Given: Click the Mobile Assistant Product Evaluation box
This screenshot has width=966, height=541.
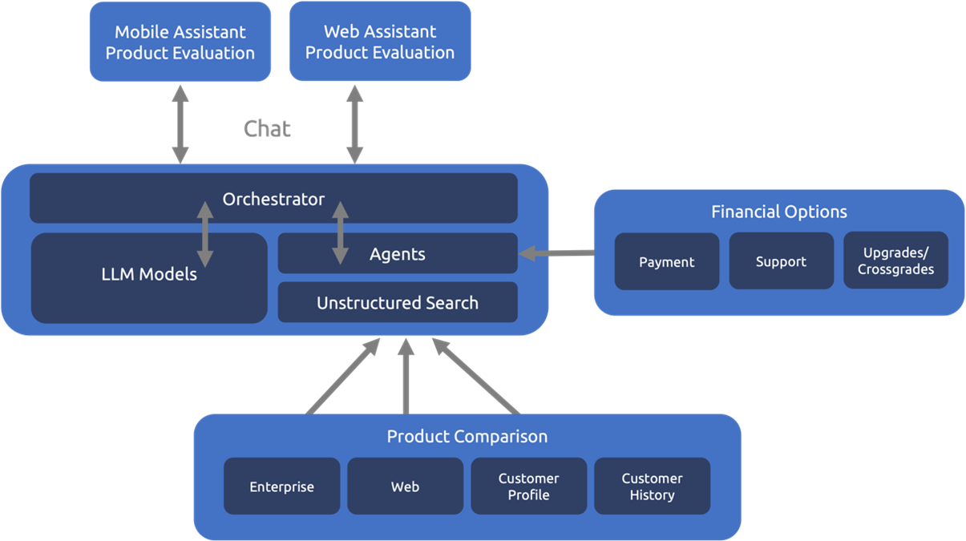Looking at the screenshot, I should click(x=180, y=42).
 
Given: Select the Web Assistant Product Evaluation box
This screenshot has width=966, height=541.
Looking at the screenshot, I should click(x=379, y=41).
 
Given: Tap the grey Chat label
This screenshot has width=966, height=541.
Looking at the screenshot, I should click(x=267, y=128).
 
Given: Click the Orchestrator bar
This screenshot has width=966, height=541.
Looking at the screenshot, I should click(x=273, y=199).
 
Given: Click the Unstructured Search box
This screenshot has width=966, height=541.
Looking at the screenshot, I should click(x=397, y=303).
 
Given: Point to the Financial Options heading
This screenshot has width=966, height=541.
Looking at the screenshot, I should click(x=778, y=212).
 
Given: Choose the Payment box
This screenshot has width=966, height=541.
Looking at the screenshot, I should click(x=666, y=262).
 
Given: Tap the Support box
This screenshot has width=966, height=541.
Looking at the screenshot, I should click(x=781, y=262).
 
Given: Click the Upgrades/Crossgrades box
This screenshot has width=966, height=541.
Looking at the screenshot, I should click(x=895, y=261).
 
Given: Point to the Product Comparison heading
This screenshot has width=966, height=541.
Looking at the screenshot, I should click(x=467, y=436).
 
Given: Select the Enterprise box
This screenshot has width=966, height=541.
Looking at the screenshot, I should click(x=281, y=486).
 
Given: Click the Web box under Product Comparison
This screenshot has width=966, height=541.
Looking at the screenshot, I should click(x=405, y=486).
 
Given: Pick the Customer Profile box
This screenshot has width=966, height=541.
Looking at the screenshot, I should click(x=528, y=486).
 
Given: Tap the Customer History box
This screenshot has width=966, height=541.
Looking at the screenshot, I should click(x=652, y=486).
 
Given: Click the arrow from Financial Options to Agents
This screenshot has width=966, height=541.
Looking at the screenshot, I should click(x=557, y=253).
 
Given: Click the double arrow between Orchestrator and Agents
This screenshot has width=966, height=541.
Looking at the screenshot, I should click(x=341, y=233).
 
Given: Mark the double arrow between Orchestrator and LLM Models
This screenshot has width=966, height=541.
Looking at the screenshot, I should click(x=205, y=234).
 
